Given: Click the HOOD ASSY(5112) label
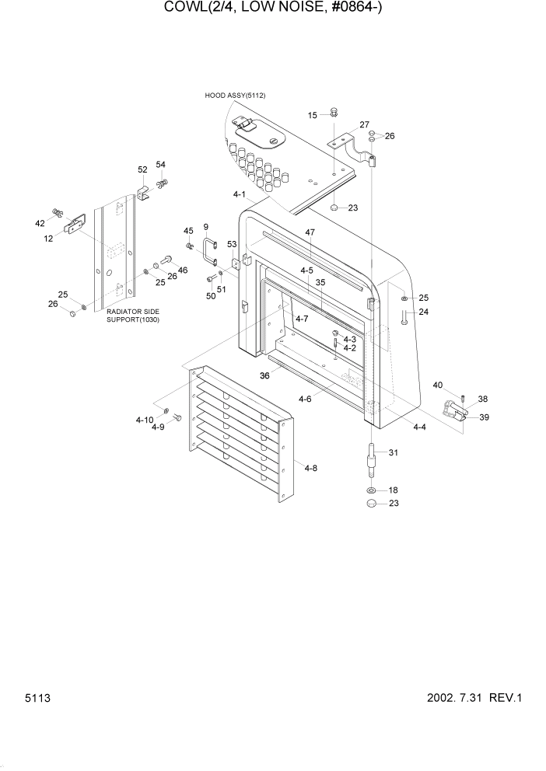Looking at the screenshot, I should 235,96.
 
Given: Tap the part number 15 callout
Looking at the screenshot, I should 313,115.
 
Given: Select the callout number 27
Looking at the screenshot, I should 363,125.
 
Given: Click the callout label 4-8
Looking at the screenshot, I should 311,468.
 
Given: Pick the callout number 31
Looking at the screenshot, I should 393,453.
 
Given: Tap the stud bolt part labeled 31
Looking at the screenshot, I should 372,461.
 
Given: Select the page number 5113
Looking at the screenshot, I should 37,698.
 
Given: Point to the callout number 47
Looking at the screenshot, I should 310,232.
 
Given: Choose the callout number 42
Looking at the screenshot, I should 40,223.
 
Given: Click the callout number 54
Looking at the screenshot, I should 161,165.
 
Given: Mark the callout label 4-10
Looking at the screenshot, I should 144,420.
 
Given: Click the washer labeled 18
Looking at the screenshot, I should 372,490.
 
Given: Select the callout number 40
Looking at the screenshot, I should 437,385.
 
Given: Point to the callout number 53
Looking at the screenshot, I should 232,245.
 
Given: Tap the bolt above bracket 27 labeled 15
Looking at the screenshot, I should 333,113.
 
